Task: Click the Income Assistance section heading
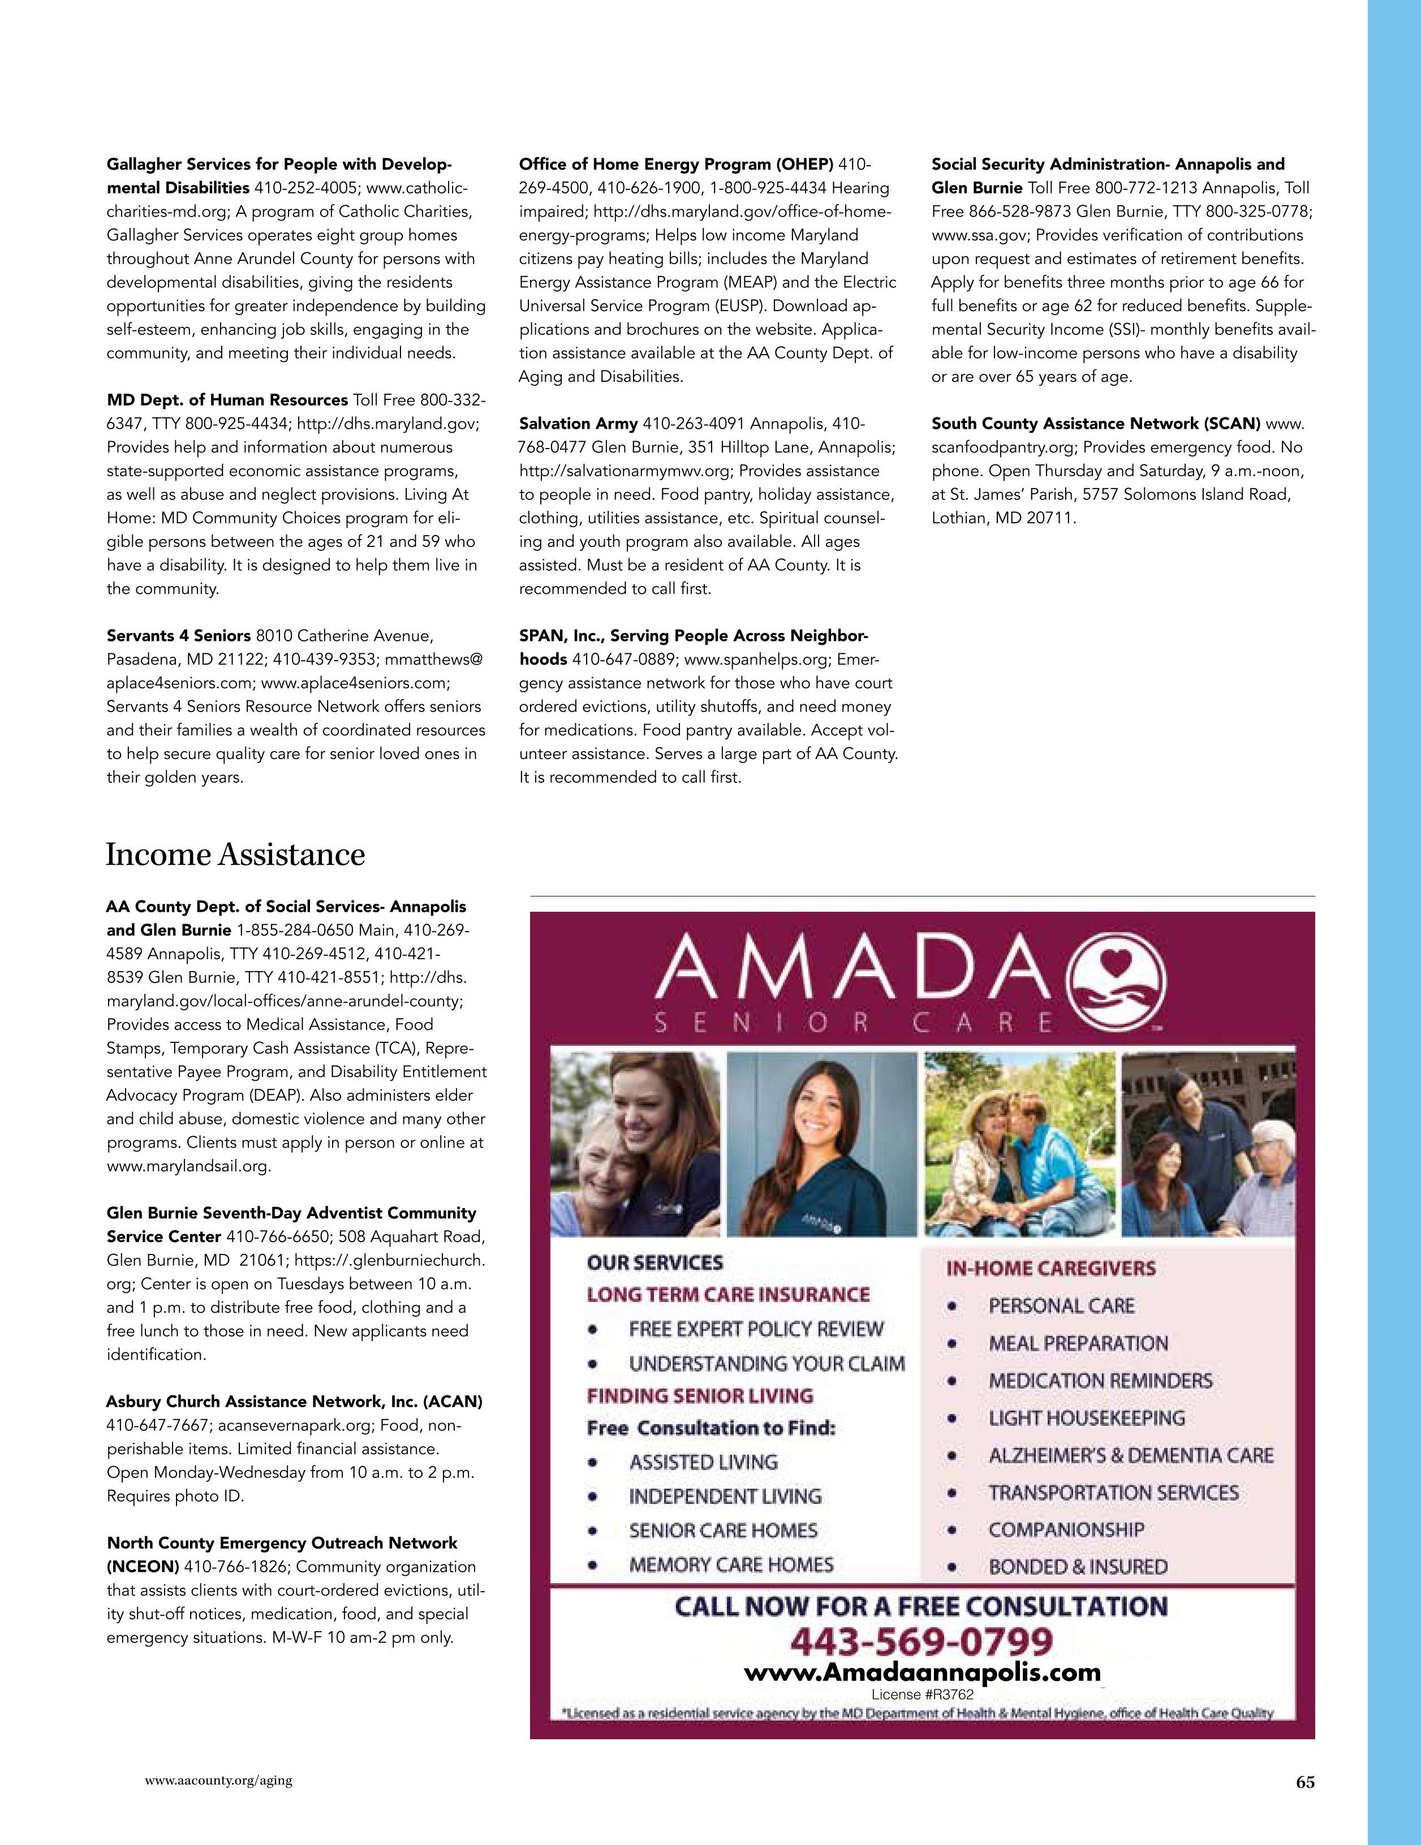click(x=235, y=855)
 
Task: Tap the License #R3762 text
click(x=923, y=1694)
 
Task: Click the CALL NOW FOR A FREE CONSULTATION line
click(x=921, y=1606)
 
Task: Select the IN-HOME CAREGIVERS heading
click(x=1050, y=1268)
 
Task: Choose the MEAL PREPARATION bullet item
click(x=1078, y=1343)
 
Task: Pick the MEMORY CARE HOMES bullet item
click(x=731, y=1564)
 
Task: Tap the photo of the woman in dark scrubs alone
click(x=821, y=1144)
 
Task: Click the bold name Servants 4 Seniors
click(x=178, y=635)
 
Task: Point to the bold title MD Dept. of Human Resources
click(x=226, y=399)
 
